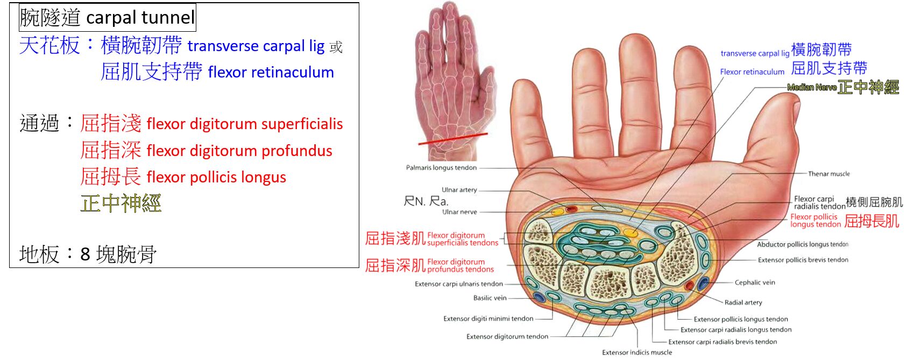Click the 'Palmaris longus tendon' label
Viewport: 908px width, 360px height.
441,168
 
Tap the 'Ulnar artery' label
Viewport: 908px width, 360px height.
459,190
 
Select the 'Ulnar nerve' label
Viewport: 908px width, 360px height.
459,212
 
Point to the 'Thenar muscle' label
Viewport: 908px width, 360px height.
828,174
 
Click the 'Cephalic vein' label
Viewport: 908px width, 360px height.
754,283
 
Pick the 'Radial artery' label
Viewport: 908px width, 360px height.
743,302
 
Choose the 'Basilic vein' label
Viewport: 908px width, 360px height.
490,298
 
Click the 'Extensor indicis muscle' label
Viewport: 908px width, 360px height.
637,352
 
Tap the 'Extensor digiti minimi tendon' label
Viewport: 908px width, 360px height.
488,319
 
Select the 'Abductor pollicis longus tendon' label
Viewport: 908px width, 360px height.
802,244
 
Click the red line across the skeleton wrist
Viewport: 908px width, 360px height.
453,138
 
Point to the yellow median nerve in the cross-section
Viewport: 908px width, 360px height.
630,232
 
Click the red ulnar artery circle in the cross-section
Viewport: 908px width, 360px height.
571,209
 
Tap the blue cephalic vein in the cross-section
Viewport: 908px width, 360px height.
703,284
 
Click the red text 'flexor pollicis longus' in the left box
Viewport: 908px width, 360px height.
216,178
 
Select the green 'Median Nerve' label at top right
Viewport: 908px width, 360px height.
812,87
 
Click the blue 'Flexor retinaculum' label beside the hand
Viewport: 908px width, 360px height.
752,72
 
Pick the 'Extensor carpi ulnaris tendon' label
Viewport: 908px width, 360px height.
458,284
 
